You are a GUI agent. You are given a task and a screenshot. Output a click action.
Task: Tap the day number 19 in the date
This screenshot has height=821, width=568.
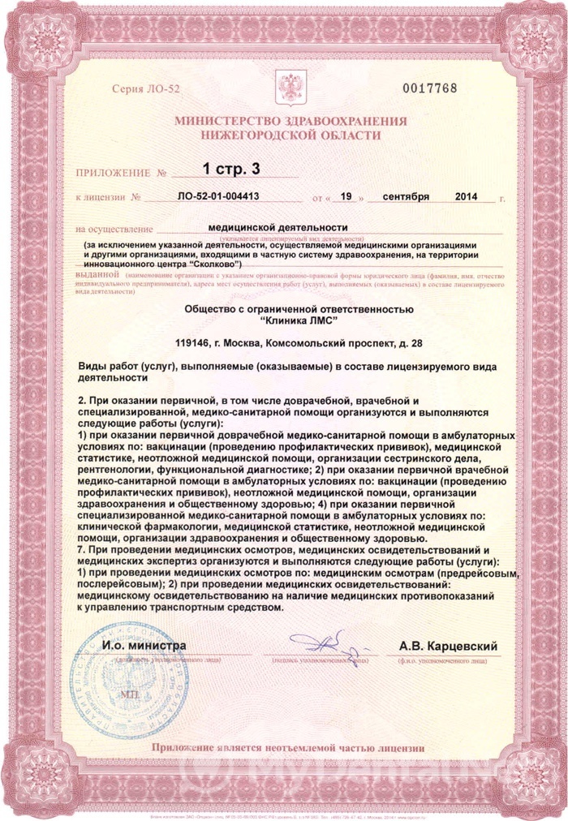point(346,197)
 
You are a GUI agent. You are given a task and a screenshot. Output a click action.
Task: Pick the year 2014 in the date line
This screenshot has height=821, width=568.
point(467,197)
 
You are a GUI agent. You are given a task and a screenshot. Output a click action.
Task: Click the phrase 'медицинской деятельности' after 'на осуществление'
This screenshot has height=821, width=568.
point(278,228)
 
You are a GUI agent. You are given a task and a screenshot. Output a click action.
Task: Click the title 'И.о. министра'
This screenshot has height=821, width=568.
point(144,646)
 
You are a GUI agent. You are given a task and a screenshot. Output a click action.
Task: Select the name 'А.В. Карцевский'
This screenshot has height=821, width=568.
point(449,647)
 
